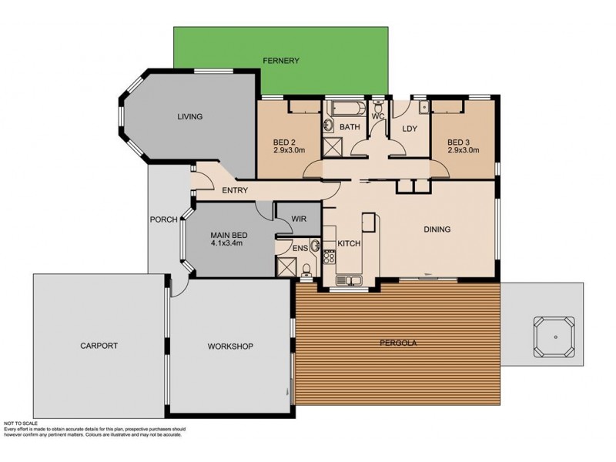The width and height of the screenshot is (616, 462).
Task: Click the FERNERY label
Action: (x=281, y=61)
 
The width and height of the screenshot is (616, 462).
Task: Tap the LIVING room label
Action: (x=189, y=116)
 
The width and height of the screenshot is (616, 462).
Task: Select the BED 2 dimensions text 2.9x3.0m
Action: (x=290, y=150)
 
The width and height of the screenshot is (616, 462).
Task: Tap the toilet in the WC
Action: (x=378, y=106)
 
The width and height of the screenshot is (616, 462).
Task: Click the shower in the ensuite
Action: (x=286, y=267)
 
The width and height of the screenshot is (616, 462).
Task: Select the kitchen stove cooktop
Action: (x=330, y=257)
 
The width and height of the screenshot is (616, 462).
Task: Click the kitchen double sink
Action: (x=349, y=280)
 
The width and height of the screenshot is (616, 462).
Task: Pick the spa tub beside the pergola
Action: (x=554, y=336)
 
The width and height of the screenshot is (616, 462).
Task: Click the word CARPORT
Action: (x=99, y=346)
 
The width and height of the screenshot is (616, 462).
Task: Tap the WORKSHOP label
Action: (x=230, y=346)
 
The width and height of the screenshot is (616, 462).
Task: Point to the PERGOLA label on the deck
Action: (x=398, y=343)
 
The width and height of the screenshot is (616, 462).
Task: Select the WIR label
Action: (x=299, y=219)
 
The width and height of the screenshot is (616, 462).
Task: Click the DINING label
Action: (x=437, y=229)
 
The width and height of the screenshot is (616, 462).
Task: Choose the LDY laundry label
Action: (x=410, y=129)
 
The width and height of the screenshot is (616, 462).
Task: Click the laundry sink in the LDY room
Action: (x=423, y=107)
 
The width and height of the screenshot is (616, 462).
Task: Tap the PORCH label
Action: (x=164, y=219)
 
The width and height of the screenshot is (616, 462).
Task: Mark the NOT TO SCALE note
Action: (x=21, y=423)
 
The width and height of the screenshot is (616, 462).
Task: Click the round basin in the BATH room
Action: (x=328, y=126)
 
